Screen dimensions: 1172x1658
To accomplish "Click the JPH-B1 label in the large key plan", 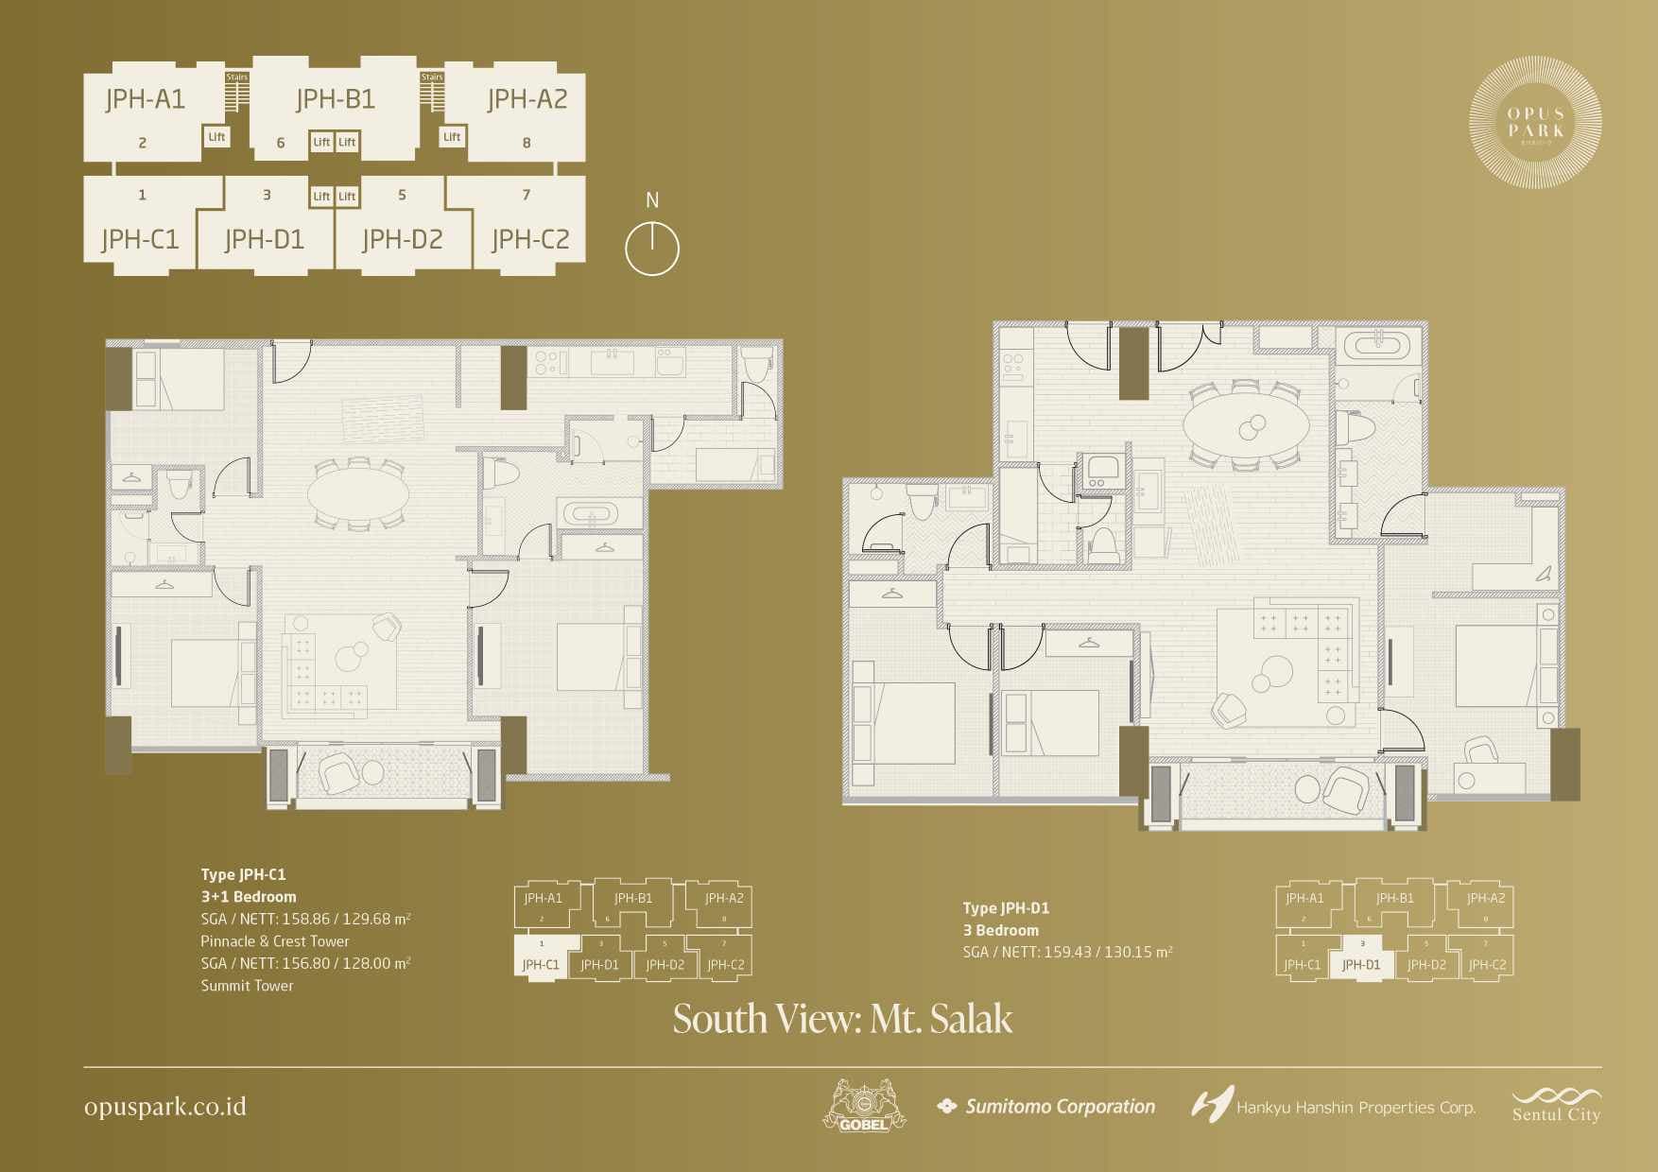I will point(336,99).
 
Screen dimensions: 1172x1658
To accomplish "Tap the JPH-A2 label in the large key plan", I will point(527,99).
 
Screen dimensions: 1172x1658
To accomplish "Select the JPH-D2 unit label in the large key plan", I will point(402,240).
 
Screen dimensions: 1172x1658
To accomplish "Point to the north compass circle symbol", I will point(652,250).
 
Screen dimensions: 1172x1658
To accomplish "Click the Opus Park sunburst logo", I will point(1535,123).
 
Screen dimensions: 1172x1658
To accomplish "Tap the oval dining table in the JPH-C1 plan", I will point(358,494).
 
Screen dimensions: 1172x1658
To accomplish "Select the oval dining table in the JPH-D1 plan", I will point(1246,426).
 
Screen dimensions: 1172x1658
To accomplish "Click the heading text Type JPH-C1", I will point(243,875).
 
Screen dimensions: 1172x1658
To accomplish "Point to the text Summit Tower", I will point(247,986).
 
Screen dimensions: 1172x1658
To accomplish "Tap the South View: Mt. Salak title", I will point(842,1019).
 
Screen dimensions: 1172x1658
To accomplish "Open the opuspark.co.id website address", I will point(165,1107).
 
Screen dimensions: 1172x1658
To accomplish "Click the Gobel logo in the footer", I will point(864,1107).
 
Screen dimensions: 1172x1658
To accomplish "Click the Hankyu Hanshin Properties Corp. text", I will point(1356,1108).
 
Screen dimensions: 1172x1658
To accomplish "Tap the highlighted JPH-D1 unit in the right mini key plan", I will point(1361,964).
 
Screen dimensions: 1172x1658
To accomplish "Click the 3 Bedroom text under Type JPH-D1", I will point(1001,931).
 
